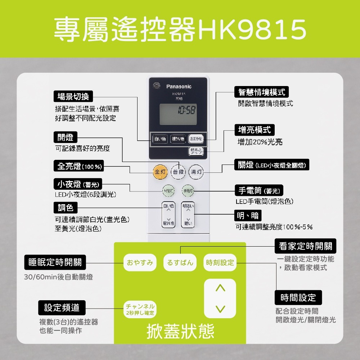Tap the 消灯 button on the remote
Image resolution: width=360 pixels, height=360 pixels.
[197, 172]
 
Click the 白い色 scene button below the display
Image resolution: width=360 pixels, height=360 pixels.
[159, 139]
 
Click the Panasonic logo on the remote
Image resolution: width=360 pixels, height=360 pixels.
[179, 86]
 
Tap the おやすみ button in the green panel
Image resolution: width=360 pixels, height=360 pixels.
[140, 263]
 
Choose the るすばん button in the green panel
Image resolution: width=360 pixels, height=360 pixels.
[180, 263]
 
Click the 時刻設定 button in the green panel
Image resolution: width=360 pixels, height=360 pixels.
[220, 263]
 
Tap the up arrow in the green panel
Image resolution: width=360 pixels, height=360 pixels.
[220, 288]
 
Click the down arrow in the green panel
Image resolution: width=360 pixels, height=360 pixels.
[220, 309]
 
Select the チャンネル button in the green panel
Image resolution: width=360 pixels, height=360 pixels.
[140, 309]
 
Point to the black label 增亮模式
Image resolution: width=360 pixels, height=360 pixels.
[255, 130]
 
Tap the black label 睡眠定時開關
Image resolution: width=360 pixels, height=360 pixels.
[55, 262]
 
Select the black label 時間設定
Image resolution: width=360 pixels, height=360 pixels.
[298, 298]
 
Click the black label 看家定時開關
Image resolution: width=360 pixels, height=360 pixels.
[306, 247]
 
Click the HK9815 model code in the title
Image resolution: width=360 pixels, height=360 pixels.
[251, 30]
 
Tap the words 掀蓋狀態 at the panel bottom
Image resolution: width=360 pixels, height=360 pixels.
[180, 332]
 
